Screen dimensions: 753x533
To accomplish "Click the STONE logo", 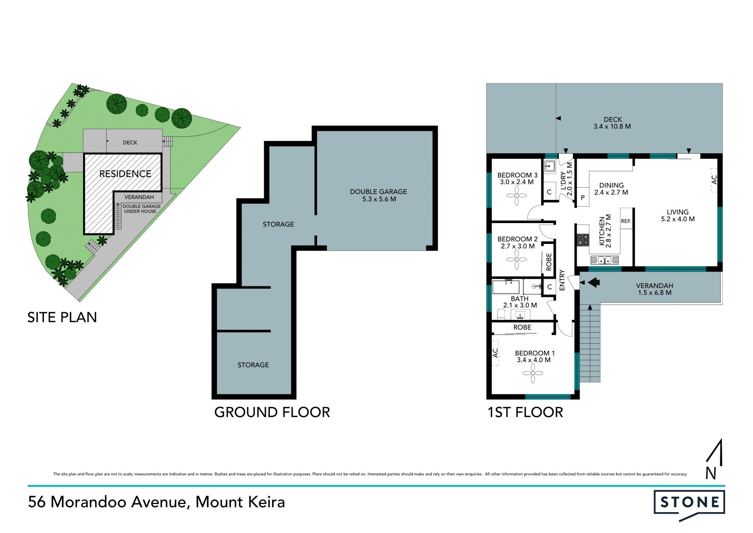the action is point(689,505).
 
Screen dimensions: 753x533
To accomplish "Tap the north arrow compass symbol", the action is point(714,459).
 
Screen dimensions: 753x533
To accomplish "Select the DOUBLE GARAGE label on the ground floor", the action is point(378,192).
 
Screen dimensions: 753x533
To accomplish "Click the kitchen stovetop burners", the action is point(583,240).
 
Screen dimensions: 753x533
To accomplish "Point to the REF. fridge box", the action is point(626,222).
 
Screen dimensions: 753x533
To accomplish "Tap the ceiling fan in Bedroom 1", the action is point(533,373).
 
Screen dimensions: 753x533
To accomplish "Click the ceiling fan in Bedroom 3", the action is point(517,196).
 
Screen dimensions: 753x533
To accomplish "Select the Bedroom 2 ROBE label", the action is point(549,262).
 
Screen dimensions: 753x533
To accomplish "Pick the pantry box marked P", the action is point(583,198).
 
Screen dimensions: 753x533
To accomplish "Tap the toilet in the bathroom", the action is point(501,314).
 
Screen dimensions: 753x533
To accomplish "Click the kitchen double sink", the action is point(604,260).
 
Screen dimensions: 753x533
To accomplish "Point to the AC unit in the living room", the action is point(714,180).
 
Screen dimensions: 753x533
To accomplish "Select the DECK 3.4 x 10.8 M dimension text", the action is point(612,126).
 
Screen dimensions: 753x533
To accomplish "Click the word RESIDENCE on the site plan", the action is point(125,174).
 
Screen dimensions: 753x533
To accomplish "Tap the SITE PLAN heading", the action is point(62,317).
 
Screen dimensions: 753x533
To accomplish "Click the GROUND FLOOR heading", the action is point(272,412).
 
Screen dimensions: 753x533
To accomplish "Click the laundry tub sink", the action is point(550,166).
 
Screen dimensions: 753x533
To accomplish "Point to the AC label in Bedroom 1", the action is point(495,353).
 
